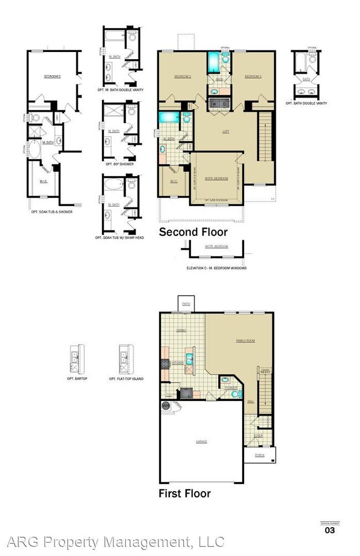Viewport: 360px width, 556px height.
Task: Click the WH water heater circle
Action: pyautogui.click(x=165, y=406)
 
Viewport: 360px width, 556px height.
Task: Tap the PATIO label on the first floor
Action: pyautogui.click(x=186, y=304)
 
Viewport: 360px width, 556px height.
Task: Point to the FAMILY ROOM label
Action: pyautogui.click(x=246, y=341)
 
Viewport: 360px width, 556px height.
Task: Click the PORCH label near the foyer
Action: pyautogui.click(x=259, y=455)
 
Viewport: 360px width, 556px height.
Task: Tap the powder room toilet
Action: pyautogui.click(x=234, y=394)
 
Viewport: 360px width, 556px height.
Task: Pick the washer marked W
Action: pyautogui.click(x=214, y=104)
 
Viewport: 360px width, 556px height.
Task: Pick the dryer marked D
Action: pyautogui.click(x=224, y=104)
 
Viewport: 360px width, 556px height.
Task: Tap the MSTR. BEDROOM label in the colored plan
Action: pyautogui.click(x=216, y=178)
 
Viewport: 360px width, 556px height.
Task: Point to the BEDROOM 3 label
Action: pyautogui.click(x=251, y=76)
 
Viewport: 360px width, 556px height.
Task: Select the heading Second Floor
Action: pyautogui.click(x=193, y=232)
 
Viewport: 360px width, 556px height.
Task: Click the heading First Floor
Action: pyautogui.click(x=184, y=493)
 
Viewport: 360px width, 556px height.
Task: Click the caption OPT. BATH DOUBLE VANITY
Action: pyautogui.click(x=306, y=104)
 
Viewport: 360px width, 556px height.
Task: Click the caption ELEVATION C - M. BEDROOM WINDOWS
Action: pyautogui.click(x=217, y=268)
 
